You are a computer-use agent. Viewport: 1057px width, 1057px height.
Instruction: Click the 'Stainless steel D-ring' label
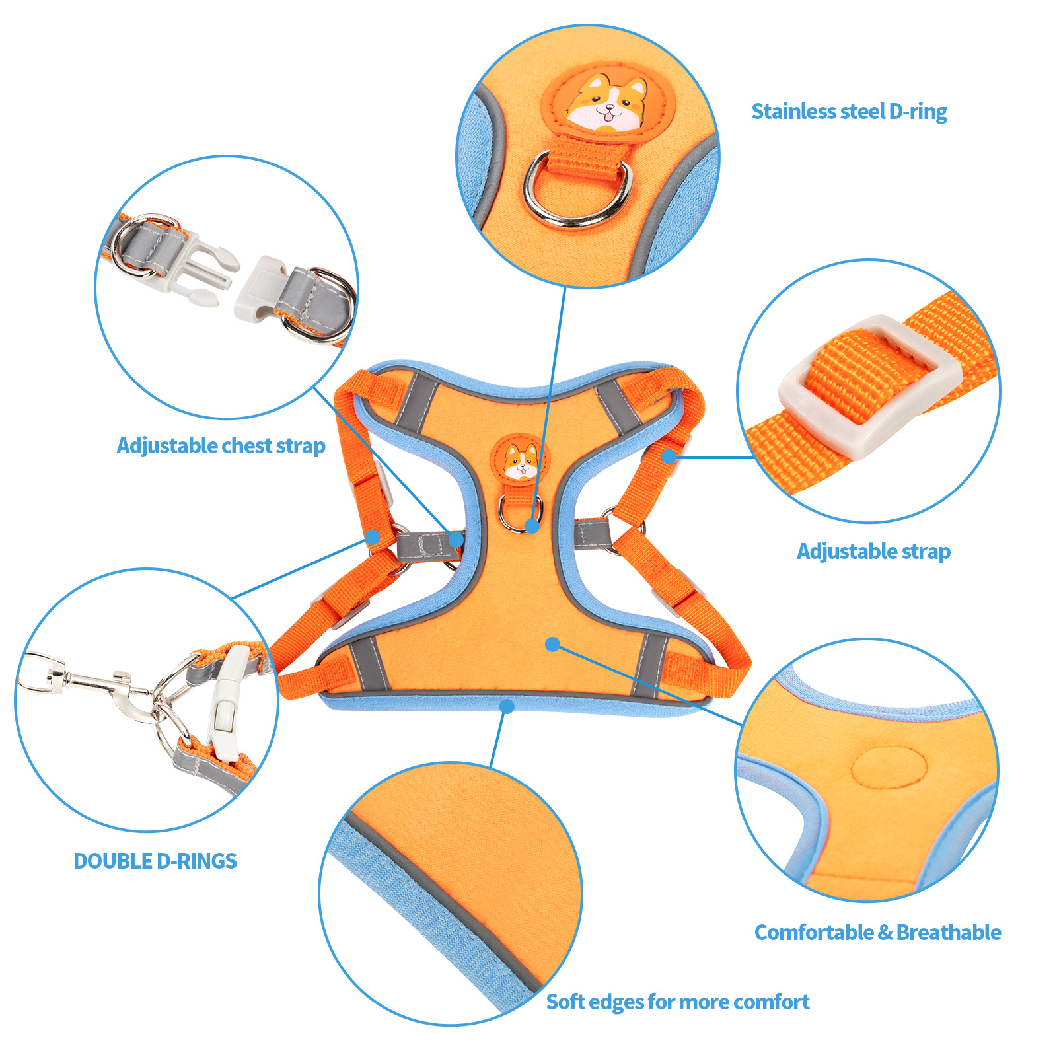point(849,112)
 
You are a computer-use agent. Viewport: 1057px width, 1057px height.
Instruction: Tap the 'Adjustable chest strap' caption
point(221,446)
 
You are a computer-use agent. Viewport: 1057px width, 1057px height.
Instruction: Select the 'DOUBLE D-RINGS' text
point(155,861)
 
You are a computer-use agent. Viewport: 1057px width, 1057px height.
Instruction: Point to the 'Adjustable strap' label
point(873,551)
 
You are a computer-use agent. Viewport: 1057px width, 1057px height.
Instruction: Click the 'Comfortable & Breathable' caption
point(877,932)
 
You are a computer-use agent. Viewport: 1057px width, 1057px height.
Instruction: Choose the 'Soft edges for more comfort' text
point(678,1002)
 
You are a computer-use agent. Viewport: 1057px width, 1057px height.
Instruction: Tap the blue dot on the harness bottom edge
point(507,707)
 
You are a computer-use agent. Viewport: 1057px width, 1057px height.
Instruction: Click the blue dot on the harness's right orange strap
point(669,456)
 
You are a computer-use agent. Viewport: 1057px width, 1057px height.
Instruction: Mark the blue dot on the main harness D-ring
point(532,526)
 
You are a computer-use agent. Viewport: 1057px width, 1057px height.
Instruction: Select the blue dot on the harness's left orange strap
point(373,538)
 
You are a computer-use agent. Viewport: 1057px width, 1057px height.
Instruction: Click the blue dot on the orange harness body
point(553,644)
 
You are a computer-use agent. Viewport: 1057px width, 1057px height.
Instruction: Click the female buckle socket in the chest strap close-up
point(261,288)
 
